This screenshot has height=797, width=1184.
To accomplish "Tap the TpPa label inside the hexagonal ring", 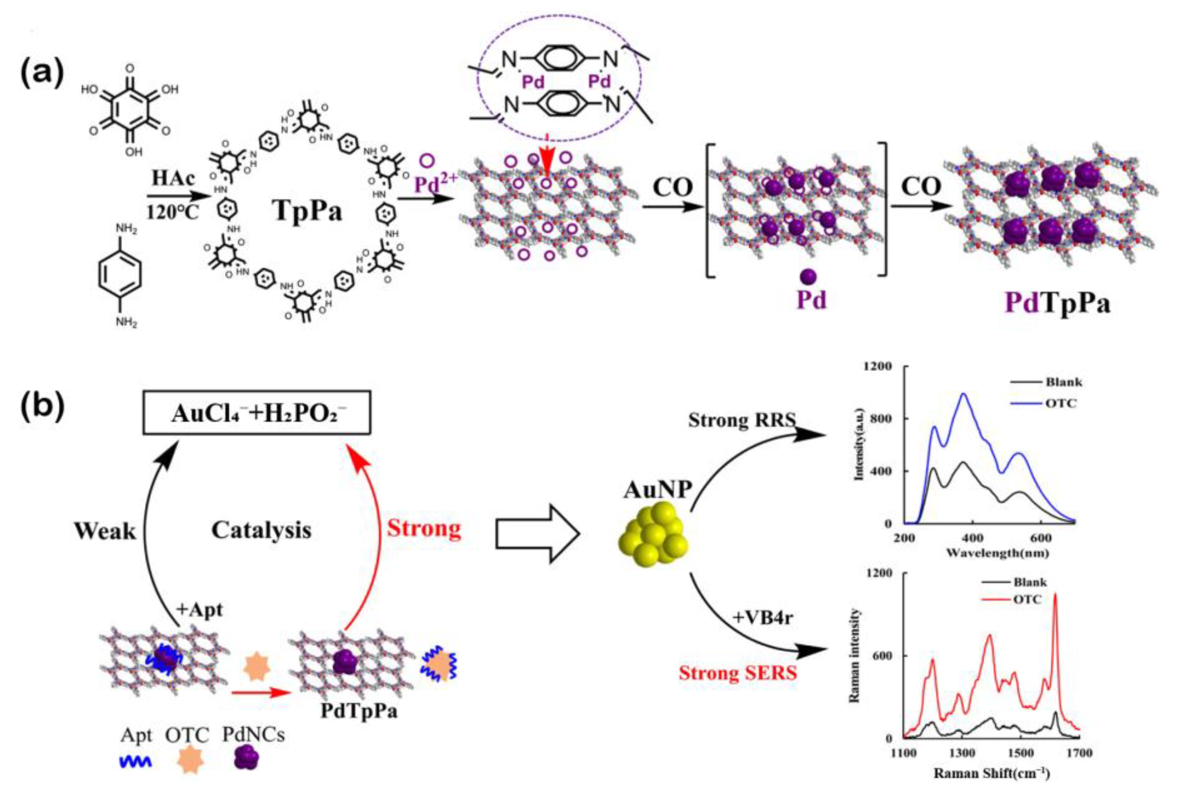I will tap(308, 210).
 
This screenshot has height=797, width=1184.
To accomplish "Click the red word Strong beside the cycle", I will tap(424, 529).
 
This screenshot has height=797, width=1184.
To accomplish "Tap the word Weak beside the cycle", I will tap(105, 531).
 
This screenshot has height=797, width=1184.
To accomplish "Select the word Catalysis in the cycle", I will tap(261, 530).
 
